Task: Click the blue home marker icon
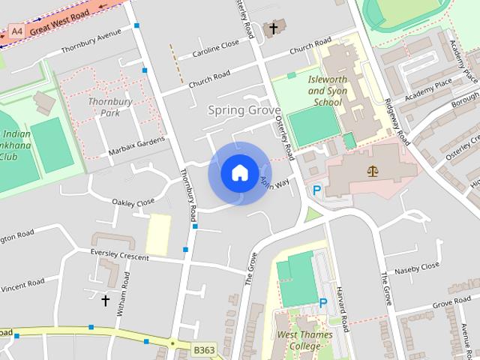(239, 172)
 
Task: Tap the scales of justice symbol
(373, 171)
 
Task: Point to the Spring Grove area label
(238, 110)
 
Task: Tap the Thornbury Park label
(105, 107)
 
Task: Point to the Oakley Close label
(133, 202)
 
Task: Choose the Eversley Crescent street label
(119, 256)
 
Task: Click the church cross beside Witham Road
(105, 301)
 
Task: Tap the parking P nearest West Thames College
(323, 303)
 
